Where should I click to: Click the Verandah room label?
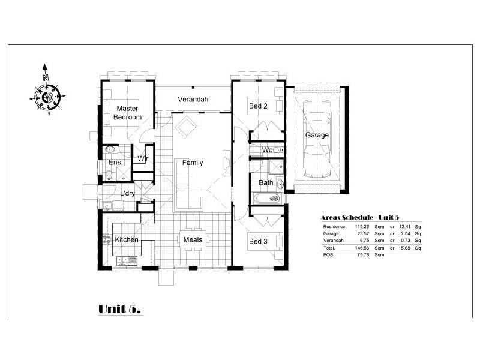coord(193,99)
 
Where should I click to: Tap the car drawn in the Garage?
coord(317,139)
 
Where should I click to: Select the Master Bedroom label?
coord(127,113)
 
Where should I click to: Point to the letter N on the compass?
coord(46,77)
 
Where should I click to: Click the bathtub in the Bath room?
coord(267,199)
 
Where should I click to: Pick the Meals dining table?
coord(193,239)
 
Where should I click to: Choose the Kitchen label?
coord(127,239)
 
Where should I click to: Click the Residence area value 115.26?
coord(362,227)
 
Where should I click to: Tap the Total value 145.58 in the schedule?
coord(362,248)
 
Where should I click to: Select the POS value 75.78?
coord(363,254)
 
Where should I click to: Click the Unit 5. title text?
coord(119,309)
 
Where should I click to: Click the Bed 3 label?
coord(258,242)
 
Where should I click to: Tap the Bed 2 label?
coord(258,106)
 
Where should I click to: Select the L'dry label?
coord(127,193)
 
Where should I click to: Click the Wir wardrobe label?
coord(143,158)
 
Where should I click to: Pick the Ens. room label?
coord(115,162)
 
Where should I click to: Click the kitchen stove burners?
coord(107,239)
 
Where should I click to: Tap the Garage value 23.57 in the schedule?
coord(363,233)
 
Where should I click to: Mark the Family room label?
coord(193,163)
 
